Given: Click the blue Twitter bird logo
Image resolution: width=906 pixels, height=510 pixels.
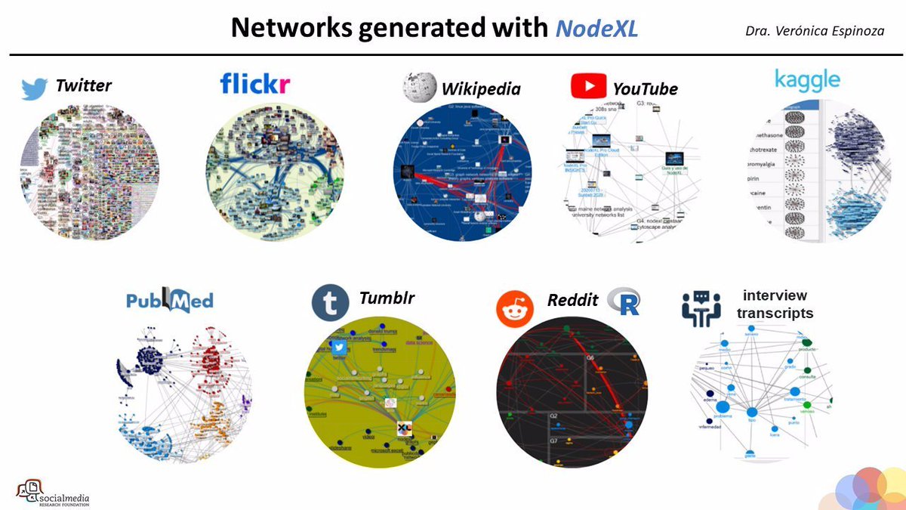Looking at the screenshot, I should pyautogui.click(x=35, y=88).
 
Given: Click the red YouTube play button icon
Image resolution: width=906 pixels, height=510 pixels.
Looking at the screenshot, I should pyautogui.click(x=589, y=85).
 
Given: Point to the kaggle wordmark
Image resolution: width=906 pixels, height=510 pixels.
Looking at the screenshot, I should pyautogui.click(x=807, y=78).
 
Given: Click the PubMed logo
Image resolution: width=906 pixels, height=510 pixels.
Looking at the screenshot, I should pyautogui.click(x=169, y=298).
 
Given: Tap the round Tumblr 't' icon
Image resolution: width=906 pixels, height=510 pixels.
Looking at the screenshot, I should pyautogui.click(x=330, y=302).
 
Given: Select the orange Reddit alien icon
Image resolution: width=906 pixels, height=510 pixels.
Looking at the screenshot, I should pyautogui.click(x=514, y=308).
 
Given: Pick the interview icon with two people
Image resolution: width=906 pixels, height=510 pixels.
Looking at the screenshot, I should pyautogui.click(x=701, y=308).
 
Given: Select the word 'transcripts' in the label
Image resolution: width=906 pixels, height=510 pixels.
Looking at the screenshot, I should pyautogui.click(x=775, y=313).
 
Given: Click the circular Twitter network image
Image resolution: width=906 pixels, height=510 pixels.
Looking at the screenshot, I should pyautogui.click(x=89, y=172).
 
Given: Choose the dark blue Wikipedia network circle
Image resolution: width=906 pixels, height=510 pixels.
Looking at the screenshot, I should pyautogui.click(x=462, y=172).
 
